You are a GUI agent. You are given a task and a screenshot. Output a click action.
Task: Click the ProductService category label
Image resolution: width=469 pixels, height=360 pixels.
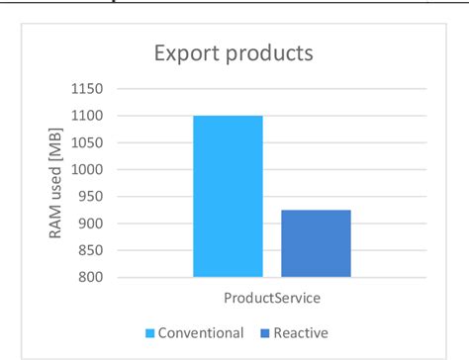click(271, 295)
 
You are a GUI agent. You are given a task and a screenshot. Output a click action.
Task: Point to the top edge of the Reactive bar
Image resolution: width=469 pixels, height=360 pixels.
click(316, 211)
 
